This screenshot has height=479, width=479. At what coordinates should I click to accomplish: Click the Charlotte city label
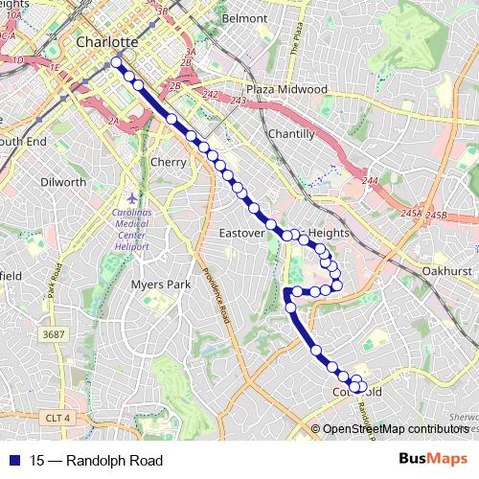click(107, 42)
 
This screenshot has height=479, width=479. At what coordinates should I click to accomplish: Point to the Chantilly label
click(291, 134)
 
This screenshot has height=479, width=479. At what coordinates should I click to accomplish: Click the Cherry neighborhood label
click(168, 162)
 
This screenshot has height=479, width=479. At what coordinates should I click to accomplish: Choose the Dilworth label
click(63, 181)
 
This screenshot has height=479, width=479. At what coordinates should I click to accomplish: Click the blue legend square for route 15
click(14, 460)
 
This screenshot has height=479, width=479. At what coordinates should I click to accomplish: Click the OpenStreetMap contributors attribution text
click(396, 428)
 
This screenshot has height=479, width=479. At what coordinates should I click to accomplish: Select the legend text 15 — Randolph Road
click(82, 460)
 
